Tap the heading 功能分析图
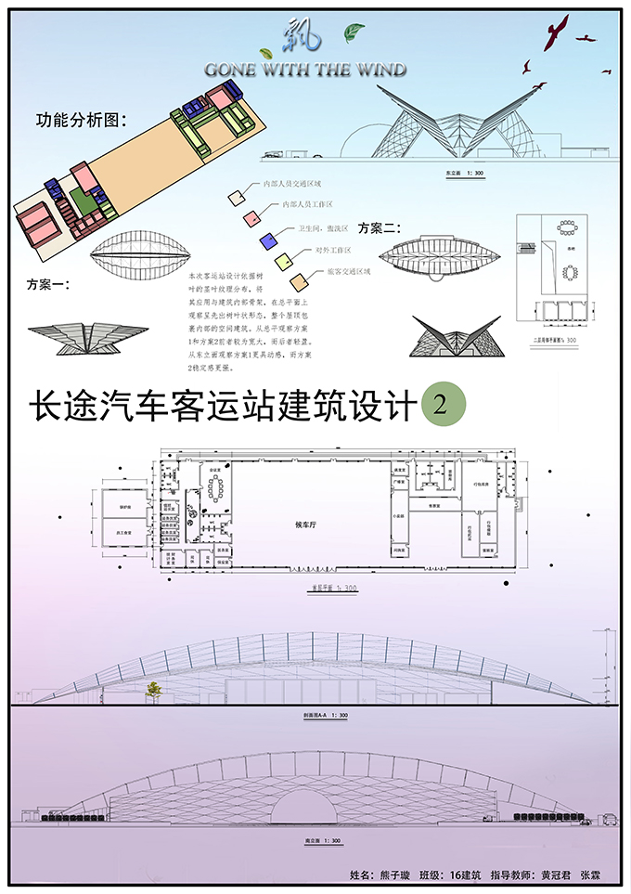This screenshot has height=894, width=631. click(x=81, y=121)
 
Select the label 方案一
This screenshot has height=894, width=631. click(x=48, y=284)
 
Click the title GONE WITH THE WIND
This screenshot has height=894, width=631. click(x=306, y=69)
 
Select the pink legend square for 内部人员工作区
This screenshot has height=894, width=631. click(x=251, y=217)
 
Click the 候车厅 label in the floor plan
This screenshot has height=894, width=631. click(x=306, y=525)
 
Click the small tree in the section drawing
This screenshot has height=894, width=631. click(x=152, y=689)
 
